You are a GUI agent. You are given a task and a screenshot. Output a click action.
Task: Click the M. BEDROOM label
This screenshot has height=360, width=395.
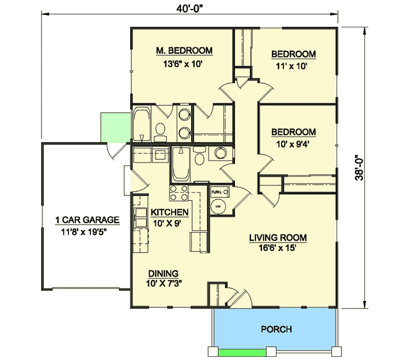(x=184, y=51)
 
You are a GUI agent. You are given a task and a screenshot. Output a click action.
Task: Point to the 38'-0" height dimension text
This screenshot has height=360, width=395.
(x=359, y=167)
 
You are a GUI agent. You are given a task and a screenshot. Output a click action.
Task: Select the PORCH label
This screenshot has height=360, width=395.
(x=276, y=329)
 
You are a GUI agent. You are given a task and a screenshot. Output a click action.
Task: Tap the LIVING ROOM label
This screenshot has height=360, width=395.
(x=278, y=238)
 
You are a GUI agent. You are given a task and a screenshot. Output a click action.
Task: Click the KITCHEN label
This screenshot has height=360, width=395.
(x=170, y=212)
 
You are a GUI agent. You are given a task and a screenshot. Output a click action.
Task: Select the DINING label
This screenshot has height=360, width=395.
(x=163, y=273)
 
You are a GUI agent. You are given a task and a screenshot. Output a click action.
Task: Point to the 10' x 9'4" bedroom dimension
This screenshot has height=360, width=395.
(x=293, y=142)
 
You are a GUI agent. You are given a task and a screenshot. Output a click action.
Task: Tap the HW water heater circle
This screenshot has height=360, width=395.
(x=218, y=206)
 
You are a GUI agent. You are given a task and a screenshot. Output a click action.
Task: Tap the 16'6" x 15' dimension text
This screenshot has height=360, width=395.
(x=278, y=249)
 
